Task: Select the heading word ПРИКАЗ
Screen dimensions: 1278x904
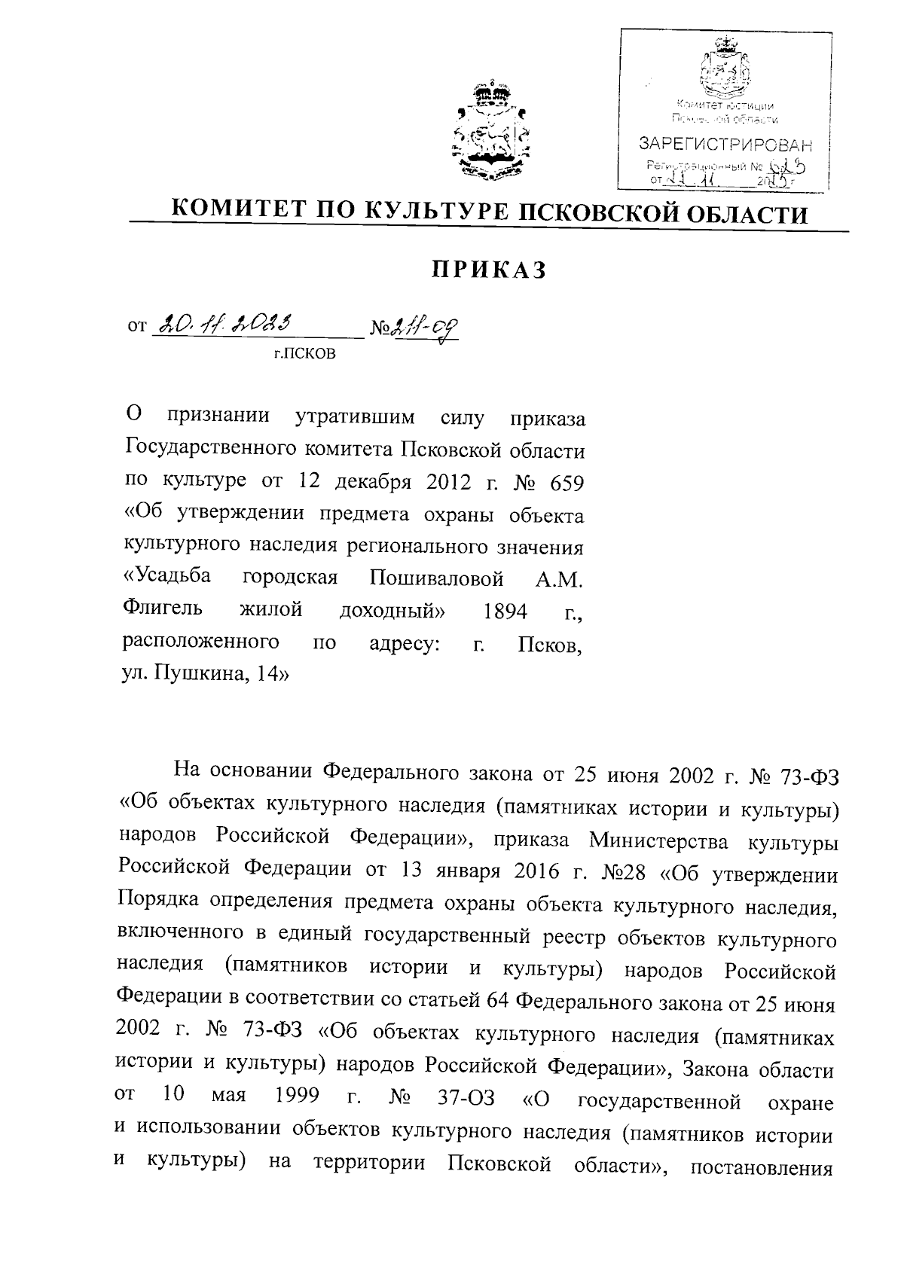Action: coord(489,270)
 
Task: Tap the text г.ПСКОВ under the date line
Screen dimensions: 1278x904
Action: coord(305,354)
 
